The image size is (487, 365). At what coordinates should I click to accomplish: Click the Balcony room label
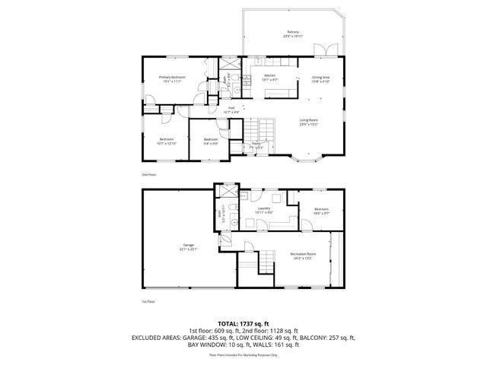pos(292,32)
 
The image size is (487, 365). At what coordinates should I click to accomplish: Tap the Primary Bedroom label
pos(172,78)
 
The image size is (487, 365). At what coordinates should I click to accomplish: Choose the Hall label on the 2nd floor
pos(231,109)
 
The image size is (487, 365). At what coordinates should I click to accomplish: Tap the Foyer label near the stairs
pos(256,144)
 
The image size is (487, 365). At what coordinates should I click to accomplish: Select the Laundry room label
pos(264,209)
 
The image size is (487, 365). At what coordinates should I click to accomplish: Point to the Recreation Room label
pos(302,255)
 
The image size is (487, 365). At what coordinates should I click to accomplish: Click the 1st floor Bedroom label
pos(321,210)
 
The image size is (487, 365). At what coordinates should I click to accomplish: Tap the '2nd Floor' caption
pos(148,174)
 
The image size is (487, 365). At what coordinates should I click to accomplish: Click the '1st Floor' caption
pos(148,302)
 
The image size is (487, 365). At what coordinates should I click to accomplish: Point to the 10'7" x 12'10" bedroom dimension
pos(166,143)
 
